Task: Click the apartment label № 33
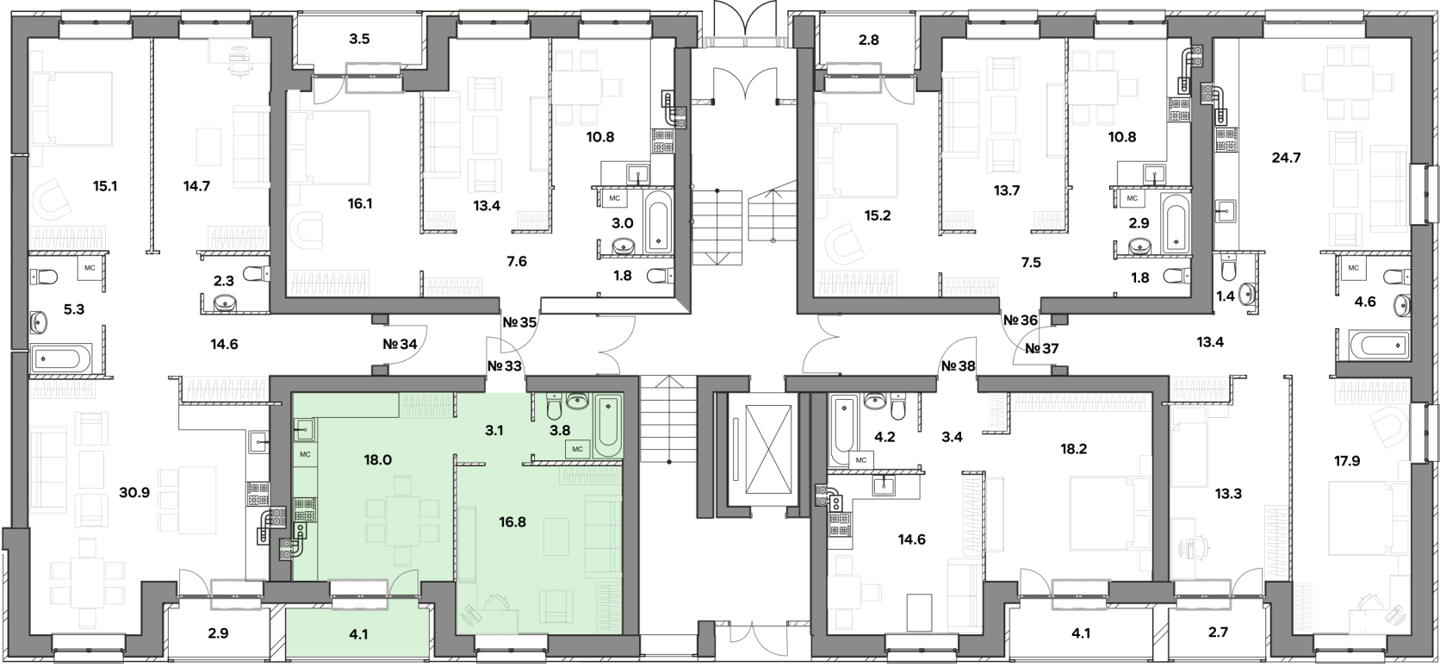point(505,366)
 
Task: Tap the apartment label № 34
point(400,344)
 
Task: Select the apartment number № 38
point(958,366)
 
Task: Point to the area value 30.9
point(134,493)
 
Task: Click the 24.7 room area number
point(1287,157)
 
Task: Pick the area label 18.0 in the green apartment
point(377,460)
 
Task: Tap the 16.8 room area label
point(512,522)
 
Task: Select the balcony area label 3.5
point(359,39)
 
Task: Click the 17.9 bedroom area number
point(1347,460)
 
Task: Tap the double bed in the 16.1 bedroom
point(329,148)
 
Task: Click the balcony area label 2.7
point(1218,633)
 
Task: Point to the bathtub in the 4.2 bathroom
point(842,429)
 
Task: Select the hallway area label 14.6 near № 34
point(225,344)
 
